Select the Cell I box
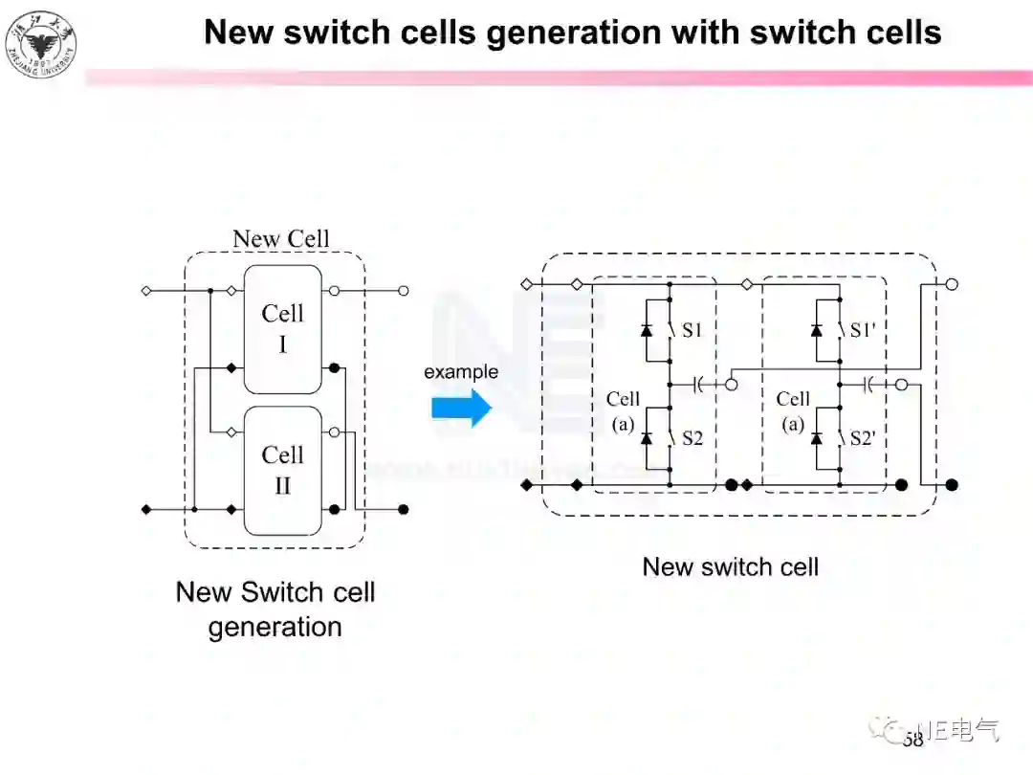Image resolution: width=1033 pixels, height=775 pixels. point(282,328)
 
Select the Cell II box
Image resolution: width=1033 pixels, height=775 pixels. point(282,470)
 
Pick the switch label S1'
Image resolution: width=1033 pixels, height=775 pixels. point(863,330)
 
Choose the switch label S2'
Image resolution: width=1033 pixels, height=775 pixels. point(863,438)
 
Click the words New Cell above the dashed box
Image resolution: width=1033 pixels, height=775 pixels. point(280,238)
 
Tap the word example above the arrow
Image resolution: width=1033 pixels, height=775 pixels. point(461,371)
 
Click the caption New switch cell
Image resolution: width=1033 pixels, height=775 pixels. point(731,566)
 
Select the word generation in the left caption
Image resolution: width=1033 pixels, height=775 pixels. point(275,627)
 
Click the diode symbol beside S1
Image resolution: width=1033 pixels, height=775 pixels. point(646,330)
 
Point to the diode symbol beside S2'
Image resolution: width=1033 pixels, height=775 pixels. point(816,438)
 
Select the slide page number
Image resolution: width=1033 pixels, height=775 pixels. point(912,739)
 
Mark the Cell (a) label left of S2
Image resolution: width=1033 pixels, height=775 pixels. point(623,410)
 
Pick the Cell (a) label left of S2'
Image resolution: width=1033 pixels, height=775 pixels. point(793,410)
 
